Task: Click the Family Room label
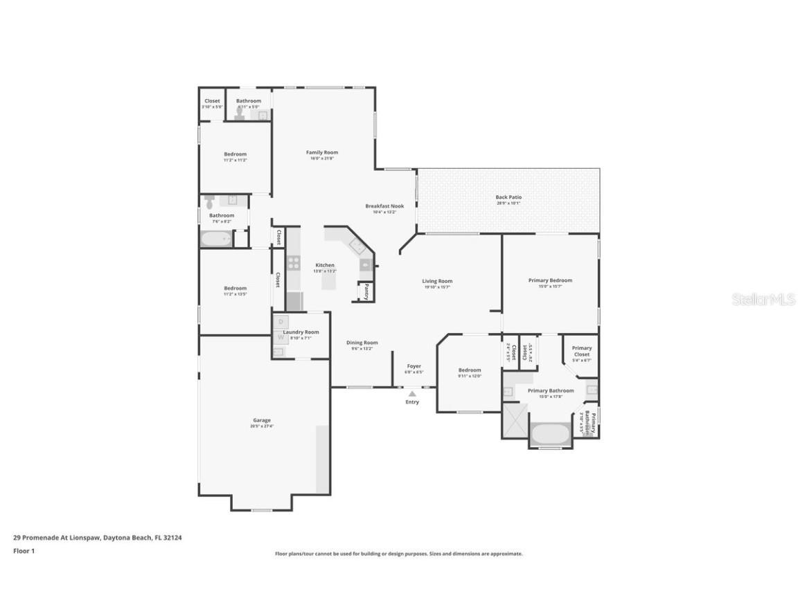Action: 322,152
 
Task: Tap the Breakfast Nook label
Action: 384,206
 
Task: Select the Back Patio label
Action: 508,197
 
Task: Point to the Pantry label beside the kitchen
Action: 366,291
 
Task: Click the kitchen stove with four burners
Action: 293,262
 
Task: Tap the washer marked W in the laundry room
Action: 281,337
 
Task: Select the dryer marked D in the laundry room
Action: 281,322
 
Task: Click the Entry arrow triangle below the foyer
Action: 412,394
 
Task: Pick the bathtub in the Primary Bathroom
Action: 551,435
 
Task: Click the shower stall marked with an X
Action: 515,419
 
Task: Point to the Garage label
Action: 262,420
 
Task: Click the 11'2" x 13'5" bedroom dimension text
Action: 235,294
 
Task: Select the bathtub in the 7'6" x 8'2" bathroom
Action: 216,239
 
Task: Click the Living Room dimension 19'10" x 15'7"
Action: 437,287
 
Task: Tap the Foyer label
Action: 414,366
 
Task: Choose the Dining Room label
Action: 362,343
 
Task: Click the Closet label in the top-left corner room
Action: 212,101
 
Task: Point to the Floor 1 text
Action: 24,551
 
